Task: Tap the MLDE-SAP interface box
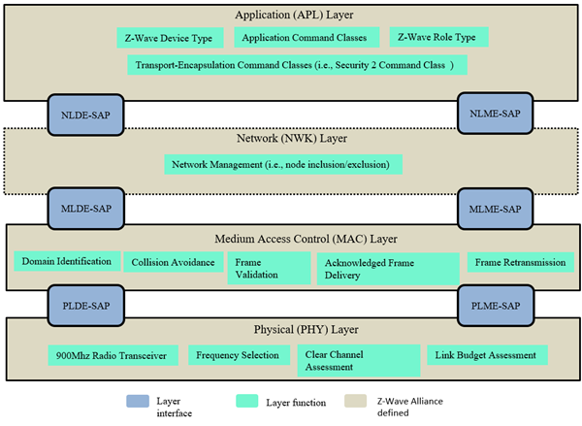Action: click(84, 208)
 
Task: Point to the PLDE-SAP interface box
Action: click(84, 305)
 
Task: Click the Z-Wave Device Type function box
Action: click(168, 37)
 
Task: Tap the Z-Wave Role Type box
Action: click(438, 37)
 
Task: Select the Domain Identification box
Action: click(65, 261)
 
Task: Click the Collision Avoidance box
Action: click(173, 261)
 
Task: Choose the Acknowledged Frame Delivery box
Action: click(387, 268)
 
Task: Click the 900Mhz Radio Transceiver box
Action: click(113, 355)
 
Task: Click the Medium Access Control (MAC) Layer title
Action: click(290, 238)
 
